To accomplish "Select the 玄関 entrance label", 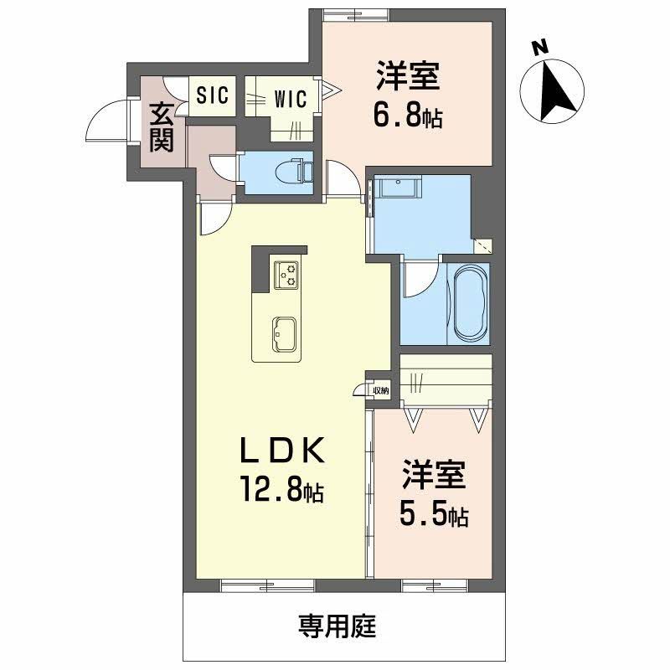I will coord(161,126).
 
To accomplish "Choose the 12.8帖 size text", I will coord(282,488).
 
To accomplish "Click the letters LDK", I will coord(281,451).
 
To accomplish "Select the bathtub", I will coord(468,303).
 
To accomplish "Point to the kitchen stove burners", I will coord(287,274).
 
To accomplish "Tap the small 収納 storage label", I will coord(380,390).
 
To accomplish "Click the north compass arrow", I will coord(554,90).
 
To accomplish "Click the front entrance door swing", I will coord(105,124).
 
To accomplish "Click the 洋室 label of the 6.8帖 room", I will coord(408,78).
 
